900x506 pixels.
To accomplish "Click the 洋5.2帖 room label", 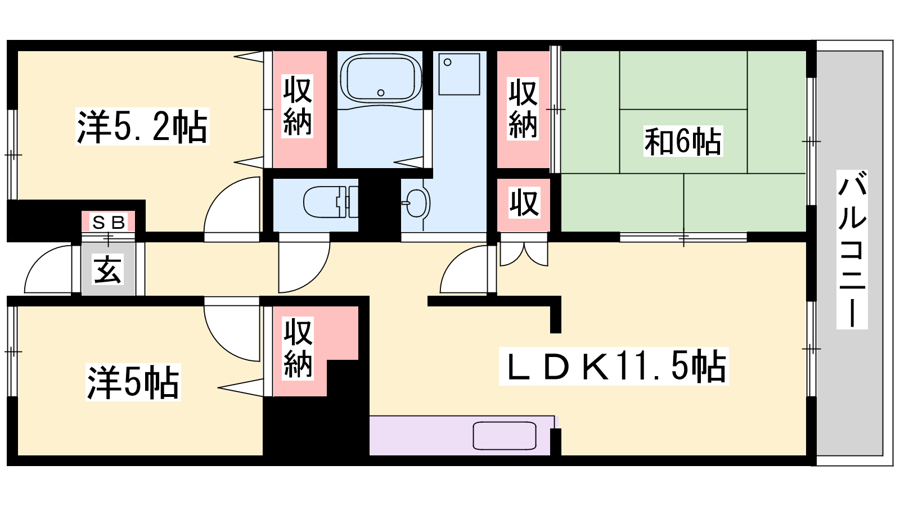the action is [142, 126].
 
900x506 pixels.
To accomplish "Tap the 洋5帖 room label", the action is [133, 382].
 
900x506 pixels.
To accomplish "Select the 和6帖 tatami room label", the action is [683, 141].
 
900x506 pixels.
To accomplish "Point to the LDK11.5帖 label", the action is [614, 366].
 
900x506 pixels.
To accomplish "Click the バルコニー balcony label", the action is [852, 250].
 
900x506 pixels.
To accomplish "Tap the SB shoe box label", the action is [109, 222].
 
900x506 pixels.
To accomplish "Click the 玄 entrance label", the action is [107, 269].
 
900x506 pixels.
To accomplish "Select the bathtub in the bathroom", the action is [380, 79].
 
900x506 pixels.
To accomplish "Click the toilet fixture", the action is [330, 202].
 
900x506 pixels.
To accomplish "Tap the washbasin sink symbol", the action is [418, 203].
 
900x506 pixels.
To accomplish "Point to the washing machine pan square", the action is [459, 74].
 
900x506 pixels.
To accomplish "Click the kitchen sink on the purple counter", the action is [505, 436].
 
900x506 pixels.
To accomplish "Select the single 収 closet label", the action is [524, 203].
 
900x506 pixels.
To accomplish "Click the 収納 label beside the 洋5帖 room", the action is [298, 348].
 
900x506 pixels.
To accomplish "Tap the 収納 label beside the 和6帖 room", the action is [523, 109].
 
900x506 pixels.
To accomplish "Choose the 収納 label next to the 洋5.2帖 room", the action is [298, 106].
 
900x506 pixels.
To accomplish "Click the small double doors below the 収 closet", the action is [524, 254].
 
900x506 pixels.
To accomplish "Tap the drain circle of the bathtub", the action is [381, 93].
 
